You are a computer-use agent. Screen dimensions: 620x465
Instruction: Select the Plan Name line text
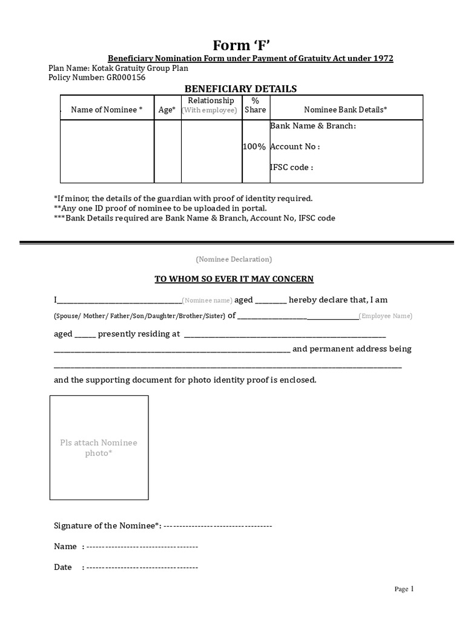[x=118, y=68]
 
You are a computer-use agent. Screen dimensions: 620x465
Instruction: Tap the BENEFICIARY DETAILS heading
[x=240, y=89]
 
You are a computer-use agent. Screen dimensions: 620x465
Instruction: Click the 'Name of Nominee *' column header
[x=107, y=110]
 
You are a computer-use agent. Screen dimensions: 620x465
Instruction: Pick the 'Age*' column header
[x=167, y=110]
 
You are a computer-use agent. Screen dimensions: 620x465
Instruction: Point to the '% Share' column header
[x=255, y=105]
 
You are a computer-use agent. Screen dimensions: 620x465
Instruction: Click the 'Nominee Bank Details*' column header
[x=345, y=110]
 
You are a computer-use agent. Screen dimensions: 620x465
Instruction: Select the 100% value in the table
[x=254, y=147]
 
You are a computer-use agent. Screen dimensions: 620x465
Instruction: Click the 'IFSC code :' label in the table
[x=291, y=167]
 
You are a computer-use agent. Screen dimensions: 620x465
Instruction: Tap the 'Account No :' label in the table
[x=294, y=147]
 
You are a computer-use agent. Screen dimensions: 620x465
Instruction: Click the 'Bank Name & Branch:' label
[x=312, y=126]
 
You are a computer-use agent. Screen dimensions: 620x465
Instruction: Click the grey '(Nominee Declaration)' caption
[x=234, y=259]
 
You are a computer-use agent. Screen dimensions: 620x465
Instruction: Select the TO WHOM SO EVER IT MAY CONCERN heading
[x=234, y=279]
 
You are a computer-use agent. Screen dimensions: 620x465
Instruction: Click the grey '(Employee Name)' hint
[x=385, y=316]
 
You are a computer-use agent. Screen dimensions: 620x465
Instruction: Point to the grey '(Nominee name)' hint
[x=207, y=300]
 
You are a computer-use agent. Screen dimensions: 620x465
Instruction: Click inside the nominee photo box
[x=99, y=447]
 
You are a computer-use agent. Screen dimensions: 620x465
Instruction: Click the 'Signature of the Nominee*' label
[x=107, y=526]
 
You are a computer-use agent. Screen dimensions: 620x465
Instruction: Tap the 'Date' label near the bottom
[x=63, y=567]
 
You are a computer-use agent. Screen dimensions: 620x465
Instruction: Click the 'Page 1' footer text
[x=404, y=589]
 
